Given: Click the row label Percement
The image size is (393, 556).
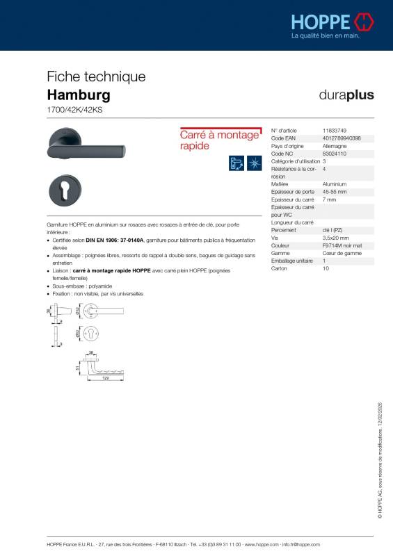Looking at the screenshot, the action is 283,229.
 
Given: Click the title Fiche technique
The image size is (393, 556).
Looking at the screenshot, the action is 96,76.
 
